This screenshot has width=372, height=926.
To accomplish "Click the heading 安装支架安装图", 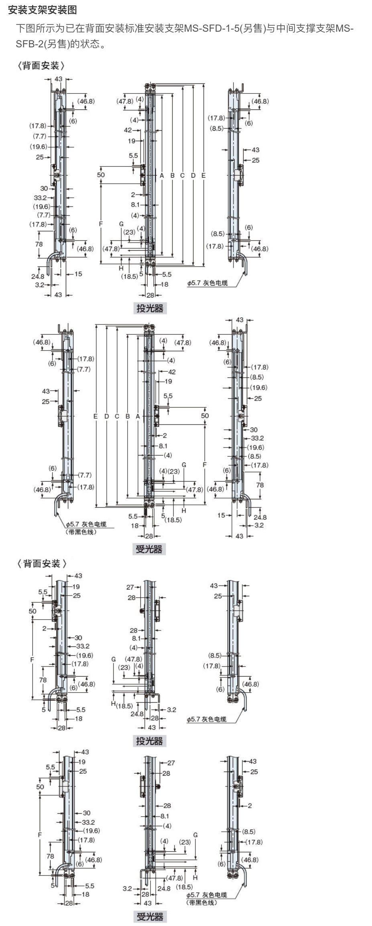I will (x=42, y=10).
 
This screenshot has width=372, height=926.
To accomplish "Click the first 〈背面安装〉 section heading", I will (x=41, y=65).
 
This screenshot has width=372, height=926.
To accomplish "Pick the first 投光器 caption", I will (x=150, y=308).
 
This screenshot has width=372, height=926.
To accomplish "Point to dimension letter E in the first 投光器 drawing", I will (x=203, y=175).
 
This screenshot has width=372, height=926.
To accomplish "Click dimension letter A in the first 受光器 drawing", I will (x=138, y=416).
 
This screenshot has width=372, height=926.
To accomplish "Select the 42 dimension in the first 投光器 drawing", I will (x=128, y=130).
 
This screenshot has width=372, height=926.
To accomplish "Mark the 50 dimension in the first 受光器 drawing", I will (x=205, y=415).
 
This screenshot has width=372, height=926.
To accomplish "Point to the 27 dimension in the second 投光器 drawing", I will (x=130, y=587).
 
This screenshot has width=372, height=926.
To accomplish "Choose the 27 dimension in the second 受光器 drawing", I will (x=171, y=763).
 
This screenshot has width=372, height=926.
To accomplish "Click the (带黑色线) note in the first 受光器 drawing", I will (x=81, y=532).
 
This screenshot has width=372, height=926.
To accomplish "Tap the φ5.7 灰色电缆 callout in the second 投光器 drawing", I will (x=206, y=719).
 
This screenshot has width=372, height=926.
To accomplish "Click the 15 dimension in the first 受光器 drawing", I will (x=221, y=515).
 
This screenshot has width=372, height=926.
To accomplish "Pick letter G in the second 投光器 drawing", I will (x=114, y=659).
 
